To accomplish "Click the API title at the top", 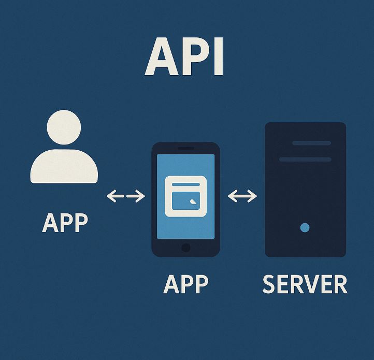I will (184, 56).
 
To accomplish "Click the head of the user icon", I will (64, 127).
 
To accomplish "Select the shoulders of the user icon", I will (64, 166).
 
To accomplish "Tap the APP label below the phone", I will (185, 284).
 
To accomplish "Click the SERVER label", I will (305, 284).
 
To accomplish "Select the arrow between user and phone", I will (125, 196).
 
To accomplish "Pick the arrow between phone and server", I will (242, 196).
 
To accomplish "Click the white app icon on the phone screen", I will (185, 196).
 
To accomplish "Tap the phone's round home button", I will (185, 248).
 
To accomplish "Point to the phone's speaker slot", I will (185, 149).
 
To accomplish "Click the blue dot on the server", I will (305, 227).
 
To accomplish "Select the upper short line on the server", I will (311, 143).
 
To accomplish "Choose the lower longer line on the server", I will (305, 159).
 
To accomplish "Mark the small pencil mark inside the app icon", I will (193, 203).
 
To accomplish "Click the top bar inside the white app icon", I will (185, 184).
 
